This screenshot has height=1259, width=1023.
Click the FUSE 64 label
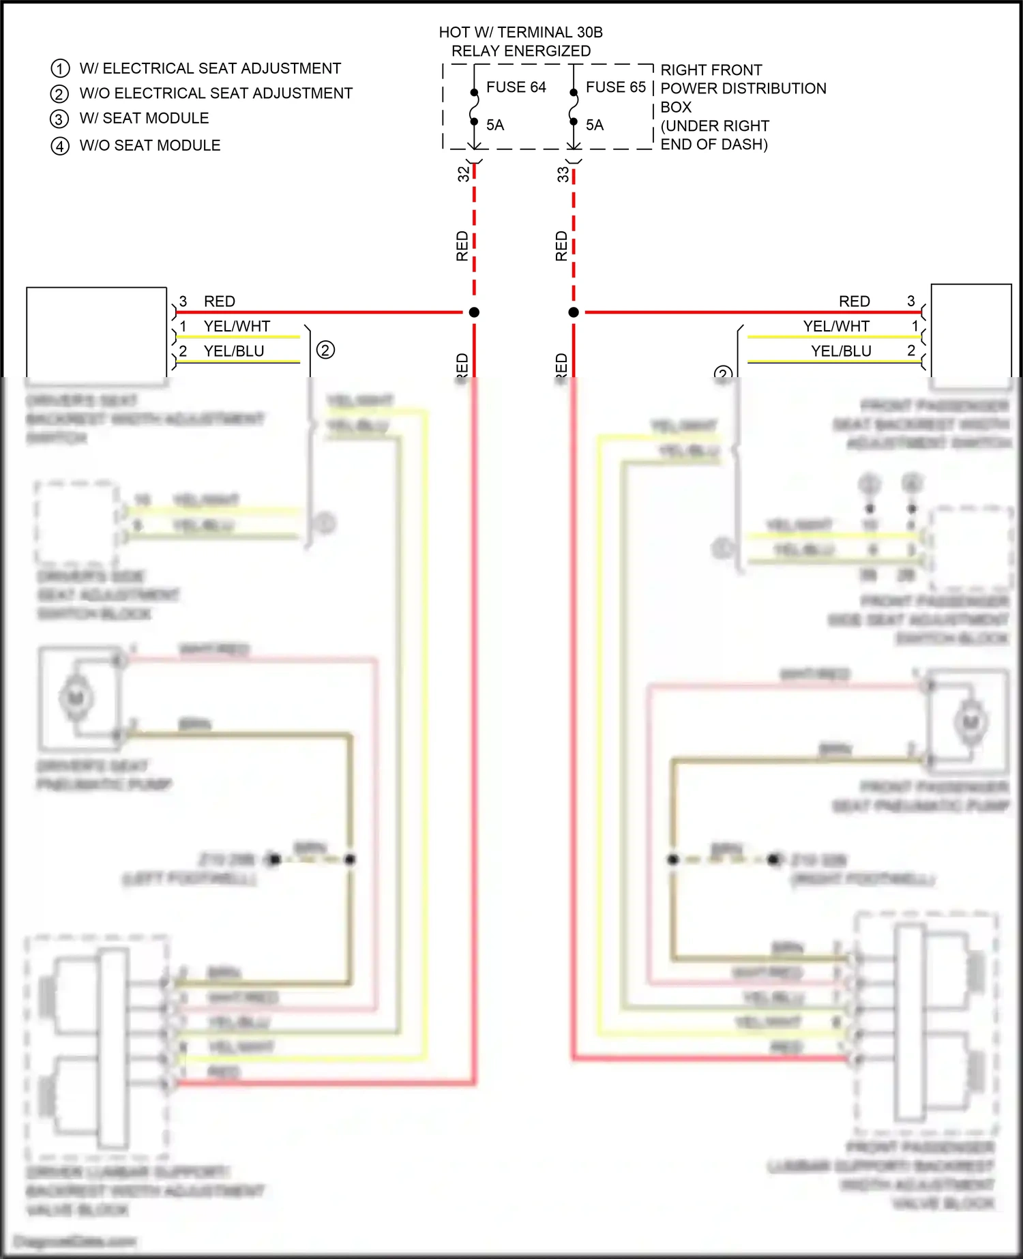point(516,87)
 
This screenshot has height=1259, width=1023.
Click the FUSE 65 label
point(615,87)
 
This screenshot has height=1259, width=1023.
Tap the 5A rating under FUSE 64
point(495,125)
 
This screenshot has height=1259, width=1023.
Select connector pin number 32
point(463,174)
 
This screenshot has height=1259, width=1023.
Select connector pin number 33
point(563,174)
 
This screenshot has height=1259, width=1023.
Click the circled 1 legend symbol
point(60,68)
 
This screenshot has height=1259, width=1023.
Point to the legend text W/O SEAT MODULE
point(150,145)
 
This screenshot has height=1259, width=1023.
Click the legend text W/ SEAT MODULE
point(144,118)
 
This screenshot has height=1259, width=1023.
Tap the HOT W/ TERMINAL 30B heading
point(520,32)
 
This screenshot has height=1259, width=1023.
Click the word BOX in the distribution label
point(676,107)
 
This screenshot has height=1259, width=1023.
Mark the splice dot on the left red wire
point(474,312)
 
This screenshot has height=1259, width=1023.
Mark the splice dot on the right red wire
point(574,312)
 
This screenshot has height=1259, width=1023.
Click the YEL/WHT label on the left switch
point(237,326)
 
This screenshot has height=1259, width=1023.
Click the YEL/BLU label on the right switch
point(841,351)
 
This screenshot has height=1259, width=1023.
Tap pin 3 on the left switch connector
point(183,301)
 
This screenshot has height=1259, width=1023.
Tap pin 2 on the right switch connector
point(911,351)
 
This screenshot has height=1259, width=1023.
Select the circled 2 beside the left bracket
point(325,351)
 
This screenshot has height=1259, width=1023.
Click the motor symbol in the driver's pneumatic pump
point(76,698)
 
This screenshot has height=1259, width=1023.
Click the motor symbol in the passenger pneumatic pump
point(970,722)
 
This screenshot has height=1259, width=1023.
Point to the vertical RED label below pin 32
point(462,246)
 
